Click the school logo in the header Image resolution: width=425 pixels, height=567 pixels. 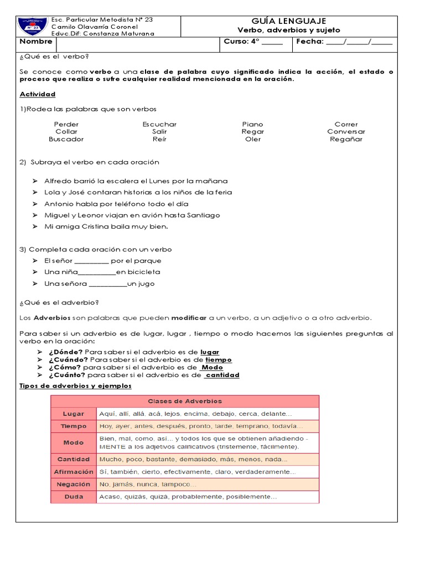33,26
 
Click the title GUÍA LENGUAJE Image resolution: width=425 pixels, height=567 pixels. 289,21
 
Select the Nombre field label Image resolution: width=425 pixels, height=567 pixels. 36,42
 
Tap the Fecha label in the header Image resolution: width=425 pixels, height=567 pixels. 309,42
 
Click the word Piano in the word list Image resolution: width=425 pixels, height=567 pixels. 252,124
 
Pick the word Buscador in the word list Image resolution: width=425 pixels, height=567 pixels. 66,139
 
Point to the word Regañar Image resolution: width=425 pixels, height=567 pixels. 346,139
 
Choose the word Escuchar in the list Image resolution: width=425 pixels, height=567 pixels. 159,124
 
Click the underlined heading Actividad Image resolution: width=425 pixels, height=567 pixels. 38,94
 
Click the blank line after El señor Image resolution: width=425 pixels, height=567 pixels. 91,261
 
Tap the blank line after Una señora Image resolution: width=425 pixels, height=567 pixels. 107,285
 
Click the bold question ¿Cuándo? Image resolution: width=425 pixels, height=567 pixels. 66,360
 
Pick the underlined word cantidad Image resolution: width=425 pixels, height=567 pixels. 222,375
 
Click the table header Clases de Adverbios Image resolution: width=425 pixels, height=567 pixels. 184,401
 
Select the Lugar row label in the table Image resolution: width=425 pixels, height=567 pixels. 74,414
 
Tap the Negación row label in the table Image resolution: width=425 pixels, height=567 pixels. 74,484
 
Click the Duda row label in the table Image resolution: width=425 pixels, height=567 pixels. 74,497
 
